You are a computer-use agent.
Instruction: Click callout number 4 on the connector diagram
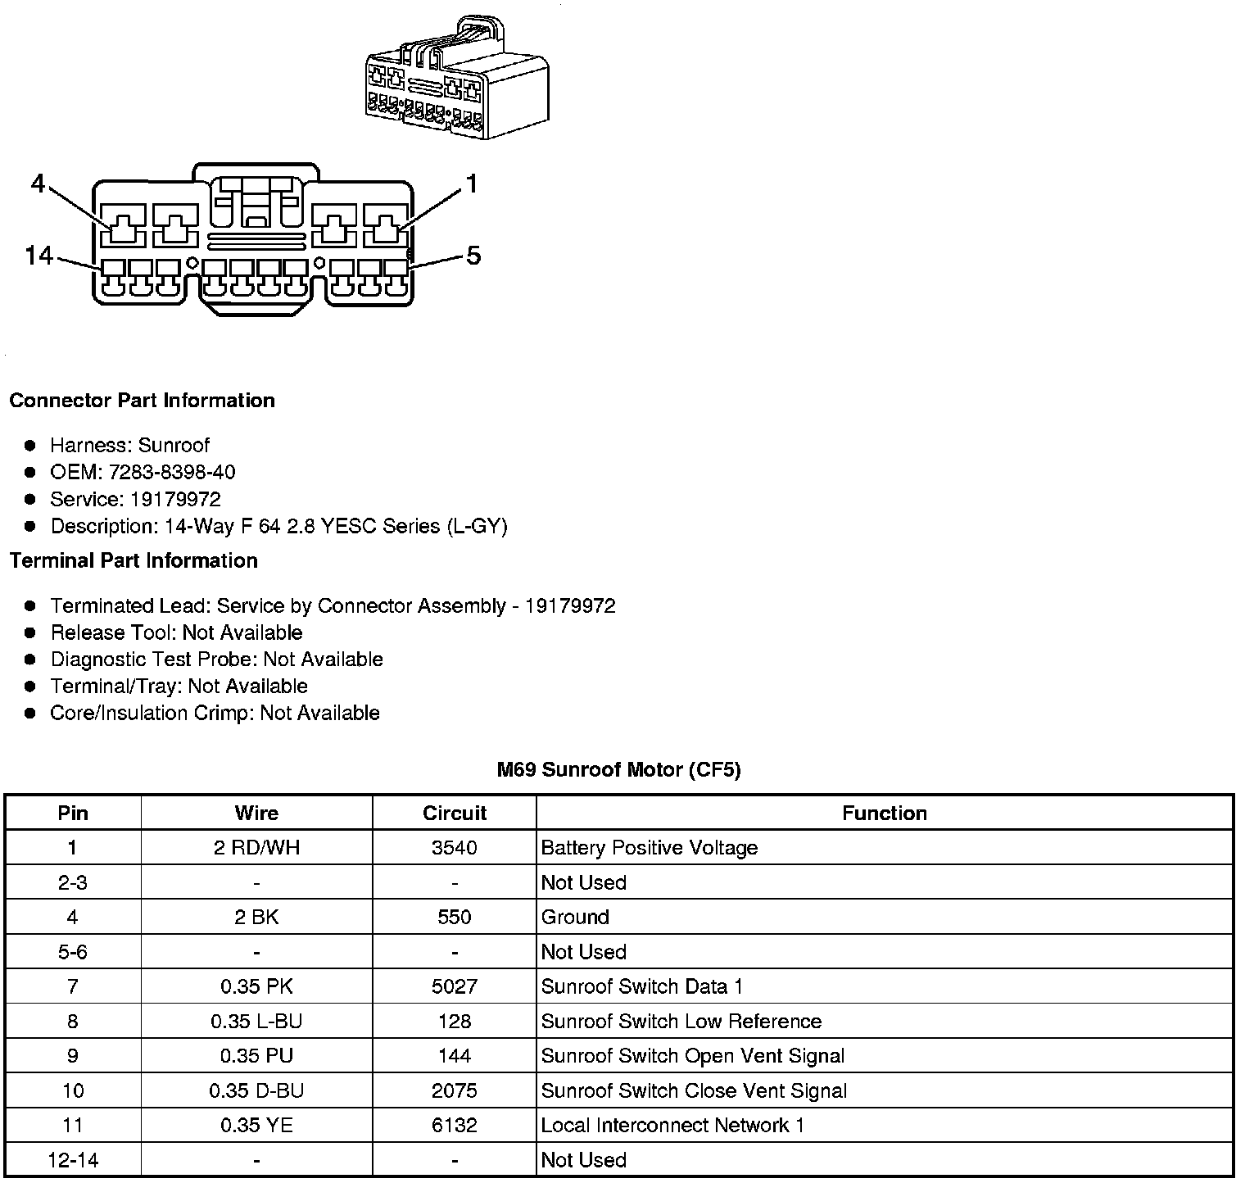click(38, 184)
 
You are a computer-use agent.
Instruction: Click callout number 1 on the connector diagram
click(471, 184)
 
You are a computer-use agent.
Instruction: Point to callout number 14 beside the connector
click(38, 256)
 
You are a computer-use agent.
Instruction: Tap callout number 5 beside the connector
click(473, 256)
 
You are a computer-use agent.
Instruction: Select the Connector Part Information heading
click(142, 401)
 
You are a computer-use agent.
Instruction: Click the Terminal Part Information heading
click(134, 561)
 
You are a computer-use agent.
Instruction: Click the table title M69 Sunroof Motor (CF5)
click(618, 770)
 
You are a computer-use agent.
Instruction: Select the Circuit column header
click(455, 814)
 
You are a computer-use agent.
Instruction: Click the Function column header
click(885, 814)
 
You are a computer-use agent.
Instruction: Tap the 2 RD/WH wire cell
click(256, 848)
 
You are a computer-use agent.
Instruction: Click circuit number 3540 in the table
click(455, 848)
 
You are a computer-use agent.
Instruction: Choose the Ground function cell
click(575, 918)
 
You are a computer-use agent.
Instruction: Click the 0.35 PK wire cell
click(256, 987)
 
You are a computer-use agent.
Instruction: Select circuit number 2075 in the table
click(455, 1091)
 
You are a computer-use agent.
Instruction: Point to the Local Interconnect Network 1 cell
click(672, 1126)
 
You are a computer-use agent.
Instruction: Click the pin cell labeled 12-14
click(73, 1160)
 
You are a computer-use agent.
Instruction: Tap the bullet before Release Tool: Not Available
click(31, 633)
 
